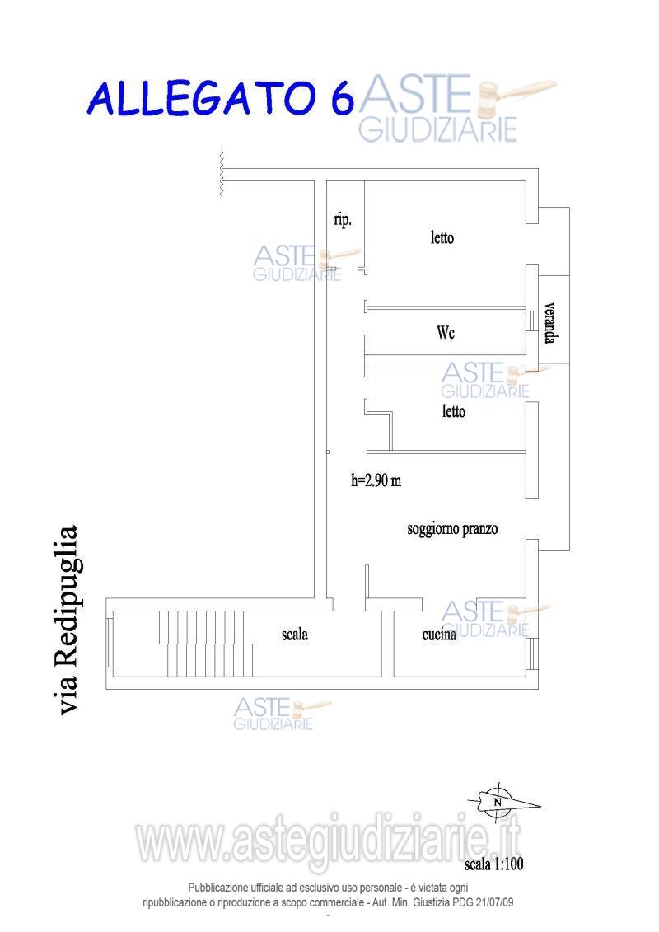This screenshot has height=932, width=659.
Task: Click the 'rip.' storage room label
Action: (x=343, y=220)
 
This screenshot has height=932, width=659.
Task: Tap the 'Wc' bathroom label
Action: (x=446, y=331)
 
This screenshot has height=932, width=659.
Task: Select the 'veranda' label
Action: (x=549, y=323)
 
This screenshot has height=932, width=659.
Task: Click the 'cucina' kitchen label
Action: (x=439, y=635)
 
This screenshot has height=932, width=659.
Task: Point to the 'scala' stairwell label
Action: (x=295, y=635)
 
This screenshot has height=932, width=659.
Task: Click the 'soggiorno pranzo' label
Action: (x=452, y=528)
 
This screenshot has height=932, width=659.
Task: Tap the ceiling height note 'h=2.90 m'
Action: (x=376, y=480)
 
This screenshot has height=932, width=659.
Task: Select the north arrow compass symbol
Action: (x=502, y=802)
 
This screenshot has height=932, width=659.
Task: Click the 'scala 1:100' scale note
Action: (x=493, y=863)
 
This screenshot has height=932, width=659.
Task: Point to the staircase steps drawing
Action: (x=206, y=644)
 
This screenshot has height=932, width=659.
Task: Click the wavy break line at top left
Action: (x=222, y=173)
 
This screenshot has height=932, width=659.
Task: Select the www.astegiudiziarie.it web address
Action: (x=329, y=841)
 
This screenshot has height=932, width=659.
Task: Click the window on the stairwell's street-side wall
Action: (x=110, y=643)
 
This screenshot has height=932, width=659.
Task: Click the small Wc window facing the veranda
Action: (x=532, y=321)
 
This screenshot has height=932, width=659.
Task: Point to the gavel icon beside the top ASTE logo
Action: (x=516, y=96)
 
